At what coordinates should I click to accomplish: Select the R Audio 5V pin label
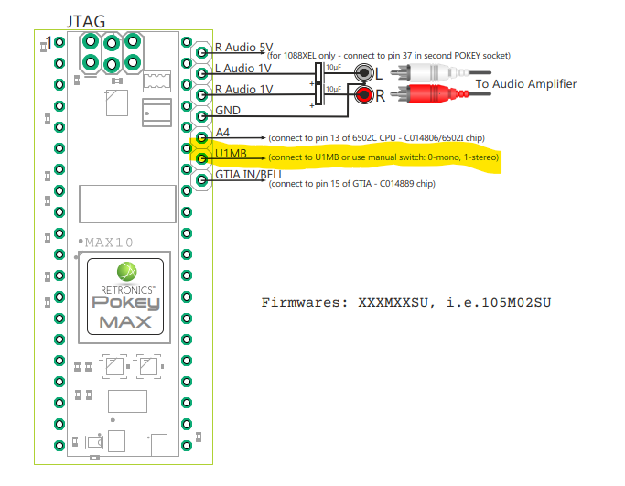click(x=242, y=48)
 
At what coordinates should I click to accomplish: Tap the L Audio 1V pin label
click(x=243, y=70)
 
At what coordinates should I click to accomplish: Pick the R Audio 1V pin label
click(x=243, y=89)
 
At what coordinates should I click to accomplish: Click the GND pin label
click(x=228, y=110)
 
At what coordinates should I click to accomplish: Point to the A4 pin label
click(x=222, y=133)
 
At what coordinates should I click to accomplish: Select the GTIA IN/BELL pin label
click(x=249, y=174)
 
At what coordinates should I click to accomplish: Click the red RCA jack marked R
click(x=364, y=94)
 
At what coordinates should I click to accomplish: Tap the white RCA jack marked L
click(x=364, y=74)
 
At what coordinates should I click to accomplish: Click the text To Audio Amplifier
click(x=525, y=84)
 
